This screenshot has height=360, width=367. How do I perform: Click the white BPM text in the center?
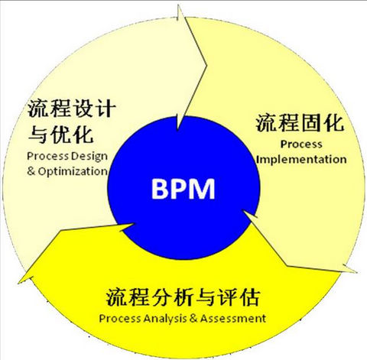(x=183, y=189)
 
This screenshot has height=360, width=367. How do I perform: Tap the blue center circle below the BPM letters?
(x=183, y=229)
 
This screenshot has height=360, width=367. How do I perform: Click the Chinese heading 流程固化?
(x=300, y=123)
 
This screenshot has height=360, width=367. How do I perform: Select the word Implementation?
(x=301, y=160)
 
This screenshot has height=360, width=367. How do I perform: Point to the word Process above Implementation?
(x=301, y=144)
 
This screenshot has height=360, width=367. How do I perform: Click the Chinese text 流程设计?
(x=72, y=109)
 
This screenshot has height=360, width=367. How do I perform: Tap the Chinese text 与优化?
(x=61, y=135)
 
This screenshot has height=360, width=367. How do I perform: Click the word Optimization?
(x=73, y=171)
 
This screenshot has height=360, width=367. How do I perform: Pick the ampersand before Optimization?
(x=31, y=171)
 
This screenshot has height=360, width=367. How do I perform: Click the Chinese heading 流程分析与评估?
(x=183, y=297)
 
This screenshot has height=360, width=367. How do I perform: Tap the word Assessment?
(x=233, y=319)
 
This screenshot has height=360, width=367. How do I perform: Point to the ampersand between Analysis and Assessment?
(x=193, y=318)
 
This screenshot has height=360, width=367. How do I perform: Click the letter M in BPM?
(x=201, y=189)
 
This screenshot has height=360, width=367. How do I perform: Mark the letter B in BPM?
(x=159, y=189)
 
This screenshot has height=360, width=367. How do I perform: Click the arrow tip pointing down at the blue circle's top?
(x=177, y=130)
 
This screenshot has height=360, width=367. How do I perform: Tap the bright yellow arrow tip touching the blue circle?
(x=132, y=224)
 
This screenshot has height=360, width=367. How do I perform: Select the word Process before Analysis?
(x=120, y=319)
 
